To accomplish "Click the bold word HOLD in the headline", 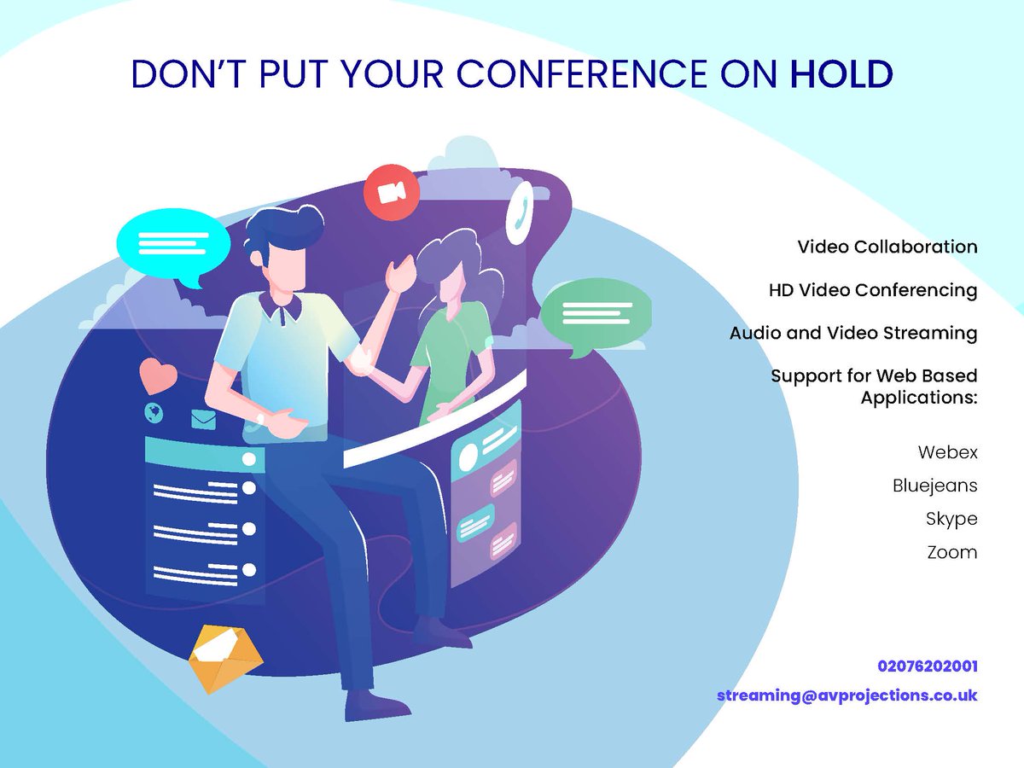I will tap(841, 74).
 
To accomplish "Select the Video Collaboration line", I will tap(887, 247).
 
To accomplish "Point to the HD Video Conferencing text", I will tap(873, 290).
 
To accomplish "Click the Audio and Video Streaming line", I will tap(853, 333).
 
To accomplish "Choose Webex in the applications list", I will tap(947, 452).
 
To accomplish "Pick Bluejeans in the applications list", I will tap(934, 486).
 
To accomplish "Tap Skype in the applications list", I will tap(951, 519).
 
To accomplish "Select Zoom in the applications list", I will tap(952, 552).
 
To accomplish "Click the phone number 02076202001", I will tap(927, 666).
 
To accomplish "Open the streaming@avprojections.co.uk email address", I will tap(847, 695).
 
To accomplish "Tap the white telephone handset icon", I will tap(518, 214).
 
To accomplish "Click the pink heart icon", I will tap(158, 375).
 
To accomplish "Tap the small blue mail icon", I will tap(203, 419).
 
